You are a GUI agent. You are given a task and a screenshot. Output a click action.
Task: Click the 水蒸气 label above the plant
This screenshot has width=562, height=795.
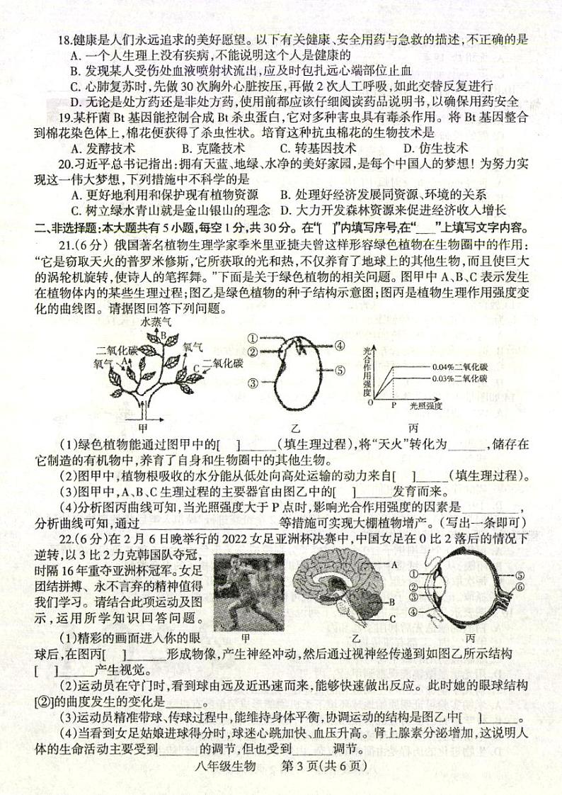point(156,321)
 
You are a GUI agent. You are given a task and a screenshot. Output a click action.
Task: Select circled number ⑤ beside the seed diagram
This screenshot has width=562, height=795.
point(340,369)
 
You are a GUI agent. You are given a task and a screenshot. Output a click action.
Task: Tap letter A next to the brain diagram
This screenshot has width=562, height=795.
point(394,564)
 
